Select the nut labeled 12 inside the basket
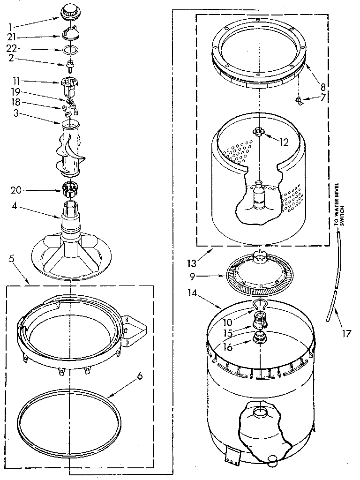tap(258, 132)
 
